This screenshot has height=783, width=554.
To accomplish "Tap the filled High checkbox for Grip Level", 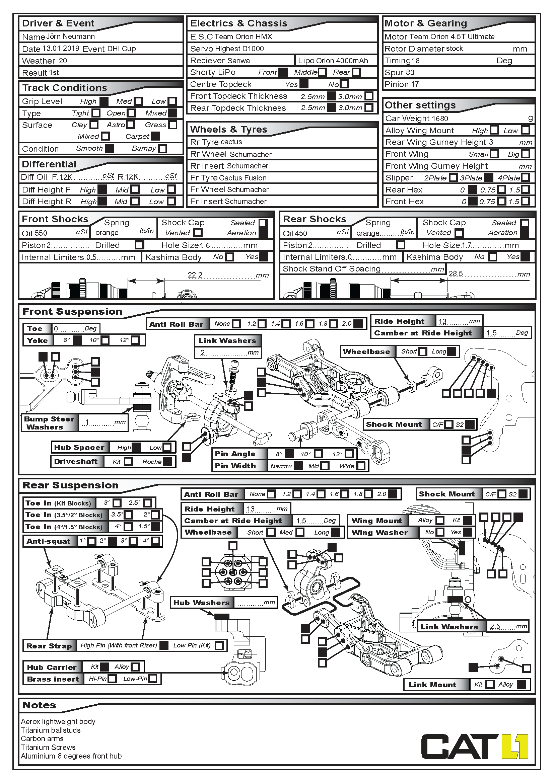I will point(104,101).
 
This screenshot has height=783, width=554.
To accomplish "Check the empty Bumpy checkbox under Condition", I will point(163,149).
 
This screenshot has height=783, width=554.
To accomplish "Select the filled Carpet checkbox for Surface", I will point(155,136).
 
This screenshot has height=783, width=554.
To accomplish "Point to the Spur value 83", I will point(410,72).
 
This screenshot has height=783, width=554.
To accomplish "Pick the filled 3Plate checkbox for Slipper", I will point(489,178).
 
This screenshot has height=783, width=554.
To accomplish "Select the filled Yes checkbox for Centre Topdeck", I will point(304,84).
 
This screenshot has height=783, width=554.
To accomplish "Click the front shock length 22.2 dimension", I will point(195,275).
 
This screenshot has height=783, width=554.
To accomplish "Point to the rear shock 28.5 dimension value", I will point(456,274).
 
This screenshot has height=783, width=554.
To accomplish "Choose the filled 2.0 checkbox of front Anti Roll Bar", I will point(358,324).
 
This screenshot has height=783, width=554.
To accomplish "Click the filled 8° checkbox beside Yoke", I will point(77,340).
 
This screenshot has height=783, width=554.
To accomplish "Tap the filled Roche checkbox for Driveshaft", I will point(167,462).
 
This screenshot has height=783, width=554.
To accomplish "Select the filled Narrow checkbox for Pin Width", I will point(298,466).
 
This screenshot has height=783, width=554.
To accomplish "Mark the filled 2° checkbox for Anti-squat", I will point(113,541).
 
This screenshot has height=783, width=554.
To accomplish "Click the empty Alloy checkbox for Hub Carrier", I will point(135,667).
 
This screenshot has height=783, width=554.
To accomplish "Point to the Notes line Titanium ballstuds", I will point(51,730).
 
